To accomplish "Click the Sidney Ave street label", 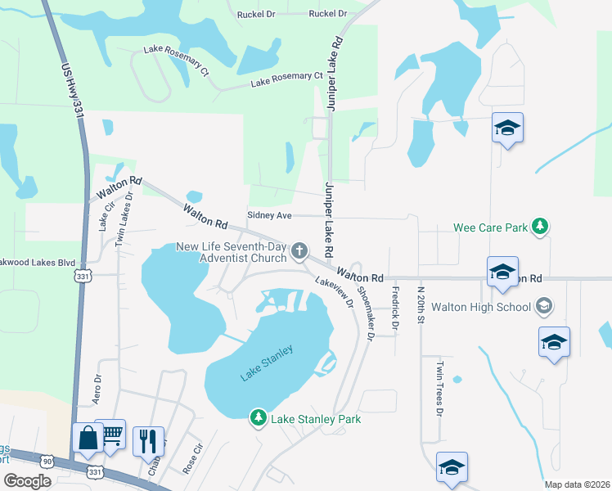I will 269,215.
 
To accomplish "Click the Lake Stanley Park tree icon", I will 259,418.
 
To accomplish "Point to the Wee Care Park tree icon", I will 539,226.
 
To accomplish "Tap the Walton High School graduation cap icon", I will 542,307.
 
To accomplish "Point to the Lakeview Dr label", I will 334,291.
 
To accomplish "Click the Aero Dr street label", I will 97,389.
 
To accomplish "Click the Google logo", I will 27,481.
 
